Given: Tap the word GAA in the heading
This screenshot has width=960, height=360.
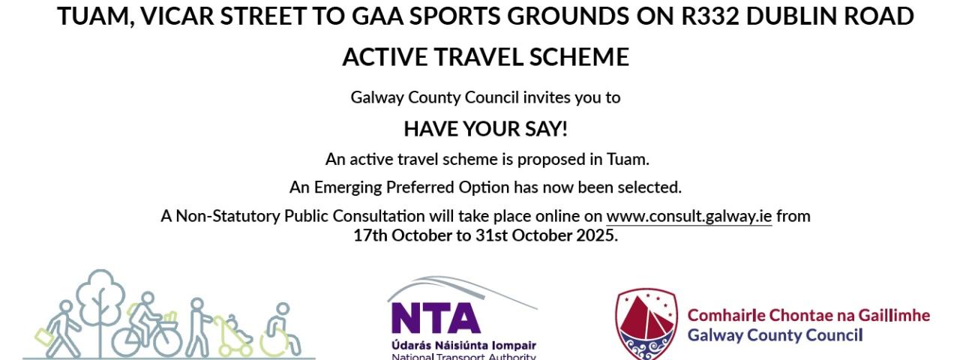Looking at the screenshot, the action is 379,16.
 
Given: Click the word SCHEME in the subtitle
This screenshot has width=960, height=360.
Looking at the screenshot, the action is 579,57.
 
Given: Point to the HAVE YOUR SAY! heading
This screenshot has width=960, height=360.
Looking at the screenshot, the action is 485,129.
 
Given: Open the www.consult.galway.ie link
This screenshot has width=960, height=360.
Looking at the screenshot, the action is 689,216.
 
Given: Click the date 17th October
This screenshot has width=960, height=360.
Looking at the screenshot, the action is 412,235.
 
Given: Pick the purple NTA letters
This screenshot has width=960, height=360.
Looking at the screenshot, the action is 434,319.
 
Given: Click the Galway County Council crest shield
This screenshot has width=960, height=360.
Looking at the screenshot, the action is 646,324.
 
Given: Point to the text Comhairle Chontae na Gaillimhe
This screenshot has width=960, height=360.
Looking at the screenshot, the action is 808,316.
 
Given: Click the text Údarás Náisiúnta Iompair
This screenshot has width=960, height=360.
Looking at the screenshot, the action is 463,346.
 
